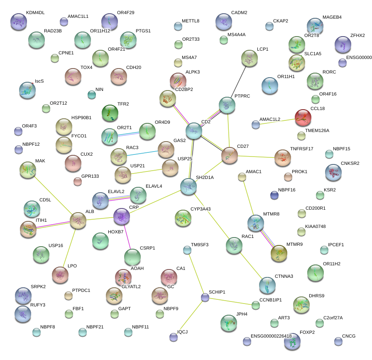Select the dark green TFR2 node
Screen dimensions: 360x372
tap(110, 113)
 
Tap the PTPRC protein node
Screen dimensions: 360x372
tap(227, 105)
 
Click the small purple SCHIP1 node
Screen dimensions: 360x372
tap(205, 297)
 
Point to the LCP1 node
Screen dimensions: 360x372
tap(249, 58)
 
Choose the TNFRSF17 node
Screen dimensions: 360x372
tap(283, 158)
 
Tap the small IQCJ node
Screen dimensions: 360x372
tap(174, 337)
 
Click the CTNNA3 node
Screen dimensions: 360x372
tap(267, 285)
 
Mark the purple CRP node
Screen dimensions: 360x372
tap(122, 216)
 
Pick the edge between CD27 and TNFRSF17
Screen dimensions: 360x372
tap(256, 157)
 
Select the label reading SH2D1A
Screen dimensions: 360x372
tap(204, 178)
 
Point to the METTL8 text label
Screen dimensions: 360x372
tap(191, 21)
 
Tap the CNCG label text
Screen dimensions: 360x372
tap(349, 336)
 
